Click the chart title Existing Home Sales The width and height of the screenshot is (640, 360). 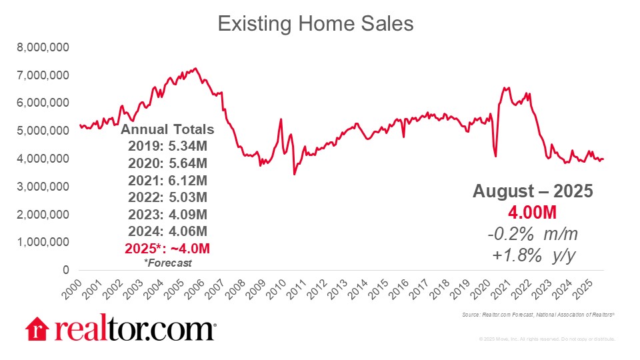tap(316, 24)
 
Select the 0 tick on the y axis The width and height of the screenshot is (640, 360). tap(65, 270)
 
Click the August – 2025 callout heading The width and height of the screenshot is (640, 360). tap(533, 191)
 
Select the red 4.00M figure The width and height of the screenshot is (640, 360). tap(533, 212)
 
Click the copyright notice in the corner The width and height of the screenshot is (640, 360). tap(547, 339)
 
